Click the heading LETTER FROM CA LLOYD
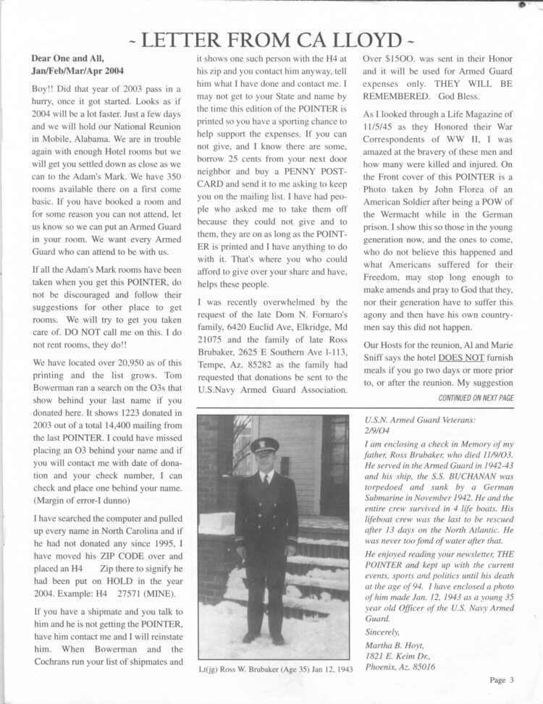pos(271,39)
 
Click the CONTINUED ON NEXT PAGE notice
pos(476,398)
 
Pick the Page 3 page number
pos(501,679)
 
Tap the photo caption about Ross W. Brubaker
pos(275,669)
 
